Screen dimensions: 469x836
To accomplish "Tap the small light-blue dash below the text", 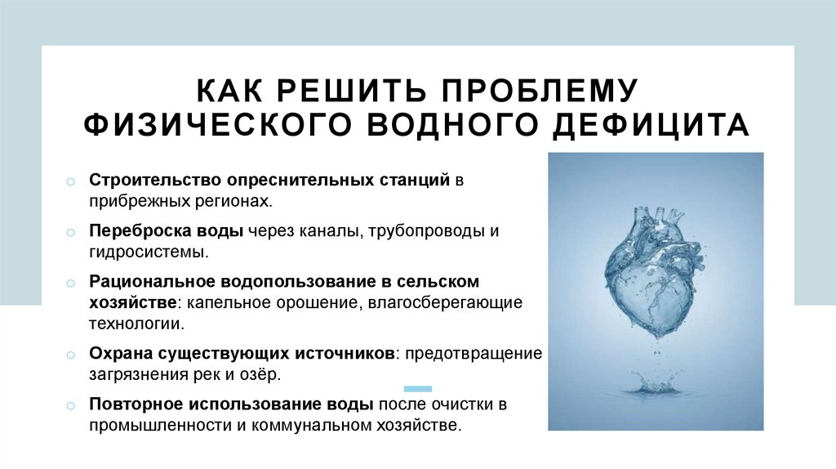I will [418, 389].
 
